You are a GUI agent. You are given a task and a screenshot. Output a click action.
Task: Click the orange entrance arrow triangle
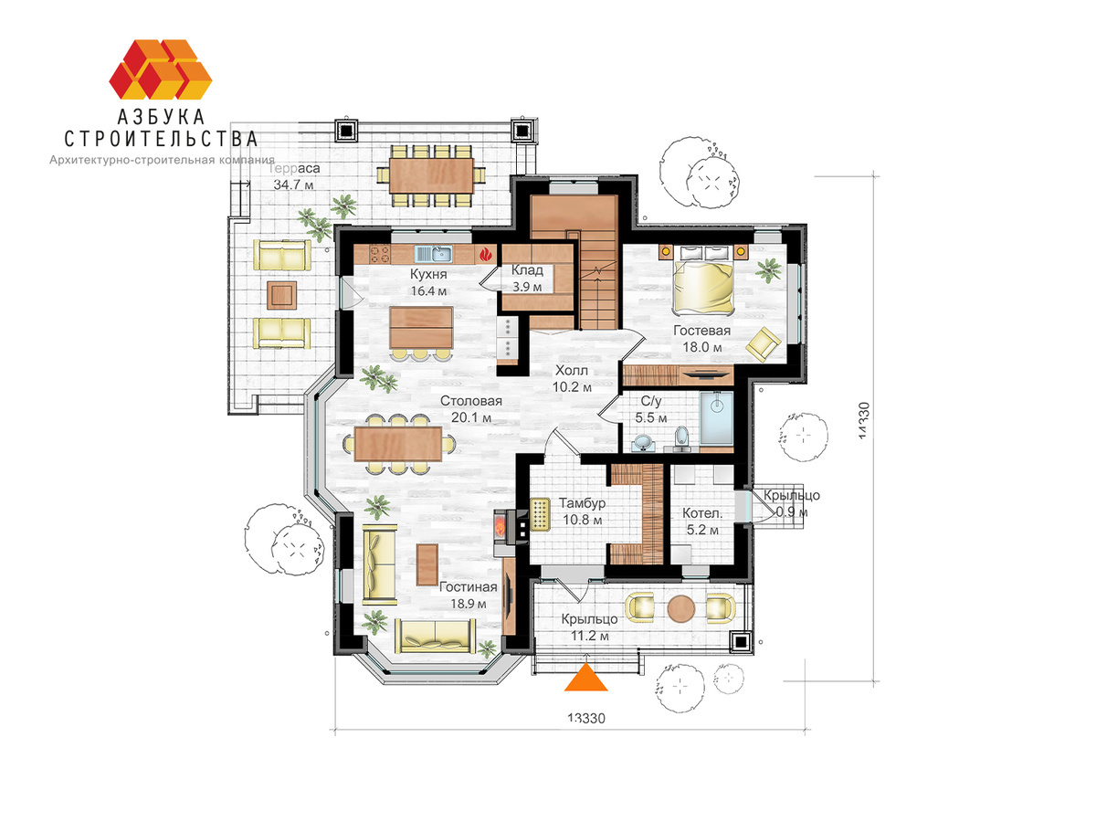tap(585, 680)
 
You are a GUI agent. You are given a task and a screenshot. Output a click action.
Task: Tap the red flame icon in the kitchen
tap(485, 255)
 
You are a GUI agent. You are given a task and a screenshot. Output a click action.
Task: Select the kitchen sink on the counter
tap(433, 254)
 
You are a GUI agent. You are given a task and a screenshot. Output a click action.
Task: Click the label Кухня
tap(428, 274)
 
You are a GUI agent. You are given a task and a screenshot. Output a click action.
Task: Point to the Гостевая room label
tap(701, 331)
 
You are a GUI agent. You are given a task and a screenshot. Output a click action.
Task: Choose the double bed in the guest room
tap(703, 287)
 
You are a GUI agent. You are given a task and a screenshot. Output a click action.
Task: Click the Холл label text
tap(571, 370)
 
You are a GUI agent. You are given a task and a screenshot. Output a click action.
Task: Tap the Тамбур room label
tap(582, 503)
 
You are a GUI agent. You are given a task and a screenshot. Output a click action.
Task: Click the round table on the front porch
tap(681, 609)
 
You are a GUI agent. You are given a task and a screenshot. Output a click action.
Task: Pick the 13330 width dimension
tap(586, 718)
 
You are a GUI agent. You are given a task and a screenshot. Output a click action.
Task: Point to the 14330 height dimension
tap(864, 420)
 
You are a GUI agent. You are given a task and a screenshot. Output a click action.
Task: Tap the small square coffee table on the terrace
tap(282, 295)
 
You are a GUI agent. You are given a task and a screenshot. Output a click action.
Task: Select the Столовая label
tap(471, 401)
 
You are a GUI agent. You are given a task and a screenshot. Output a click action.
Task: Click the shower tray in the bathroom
tap(717, 418)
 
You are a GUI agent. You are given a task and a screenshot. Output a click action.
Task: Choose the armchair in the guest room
tap(763, 343)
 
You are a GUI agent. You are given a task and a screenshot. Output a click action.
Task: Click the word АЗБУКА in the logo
tap(161, 117)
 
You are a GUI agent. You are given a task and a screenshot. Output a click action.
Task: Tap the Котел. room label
tap(702, 513)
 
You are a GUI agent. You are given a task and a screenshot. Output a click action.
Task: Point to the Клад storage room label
tap(527, 270)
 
